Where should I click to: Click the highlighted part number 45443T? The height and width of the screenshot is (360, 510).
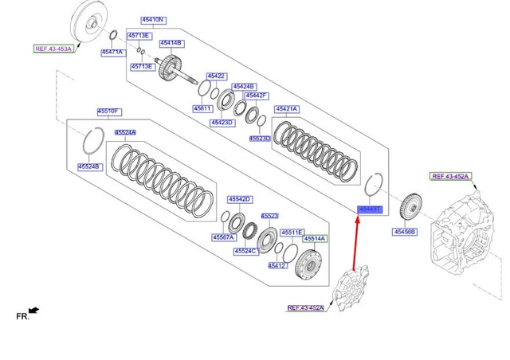[370, 209]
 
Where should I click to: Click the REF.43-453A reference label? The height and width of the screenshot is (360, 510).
[53, 49]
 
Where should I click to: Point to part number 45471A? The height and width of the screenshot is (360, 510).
[112, 53]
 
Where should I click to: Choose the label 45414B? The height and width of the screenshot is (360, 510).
[171, 43]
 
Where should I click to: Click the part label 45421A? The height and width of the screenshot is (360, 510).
[286, 108]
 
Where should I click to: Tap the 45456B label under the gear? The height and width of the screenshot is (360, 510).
[405, 232]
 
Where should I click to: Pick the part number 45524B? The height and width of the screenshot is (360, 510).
[89, 166]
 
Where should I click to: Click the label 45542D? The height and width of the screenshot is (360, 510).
[239, 198]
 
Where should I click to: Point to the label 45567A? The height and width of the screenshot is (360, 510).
[224, 237]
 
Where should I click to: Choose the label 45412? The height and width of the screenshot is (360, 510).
[277, 265]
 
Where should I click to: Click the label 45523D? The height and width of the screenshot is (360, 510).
[260, 138]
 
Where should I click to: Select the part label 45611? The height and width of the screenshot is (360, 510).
[202, 108]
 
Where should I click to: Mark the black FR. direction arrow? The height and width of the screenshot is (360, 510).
[33, 310]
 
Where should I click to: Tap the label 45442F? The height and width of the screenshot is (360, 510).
[256, 95]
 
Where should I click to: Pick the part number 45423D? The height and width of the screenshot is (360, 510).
[222, 123]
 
